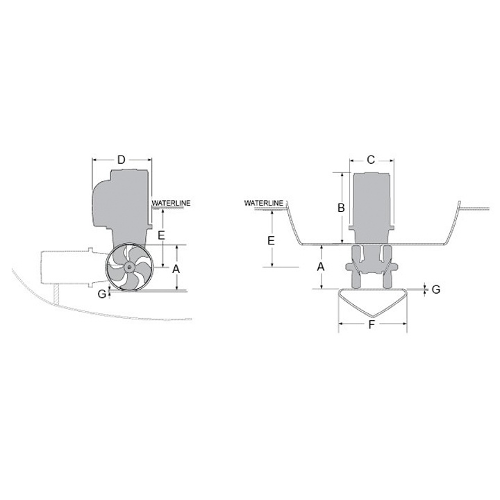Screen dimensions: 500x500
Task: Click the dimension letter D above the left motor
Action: (x=122, y=160)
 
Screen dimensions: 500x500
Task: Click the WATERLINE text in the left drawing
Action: (x=172, y=203)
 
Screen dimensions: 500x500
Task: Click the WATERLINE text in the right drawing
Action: (x=264, y=203)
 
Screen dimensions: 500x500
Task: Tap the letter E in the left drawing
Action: (x=161, y=235)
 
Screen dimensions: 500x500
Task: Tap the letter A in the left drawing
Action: (x=176, y=268)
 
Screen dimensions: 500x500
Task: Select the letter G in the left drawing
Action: (x=101, y=294)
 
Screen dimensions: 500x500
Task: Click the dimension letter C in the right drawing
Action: (x=371, y=160)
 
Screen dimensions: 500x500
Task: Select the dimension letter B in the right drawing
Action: (x=341, y=207)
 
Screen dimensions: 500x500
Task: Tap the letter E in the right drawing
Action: (x=272, y=240)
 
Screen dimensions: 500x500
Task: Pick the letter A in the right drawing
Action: (x=321, y=266)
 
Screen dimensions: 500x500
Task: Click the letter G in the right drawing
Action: (x=435, y=289)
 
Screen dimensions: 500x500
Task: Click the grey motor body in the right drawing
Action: (x=373, y=205)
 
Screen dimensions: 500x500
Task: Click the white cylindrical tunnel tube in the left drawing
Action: (x=66, y=267)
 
